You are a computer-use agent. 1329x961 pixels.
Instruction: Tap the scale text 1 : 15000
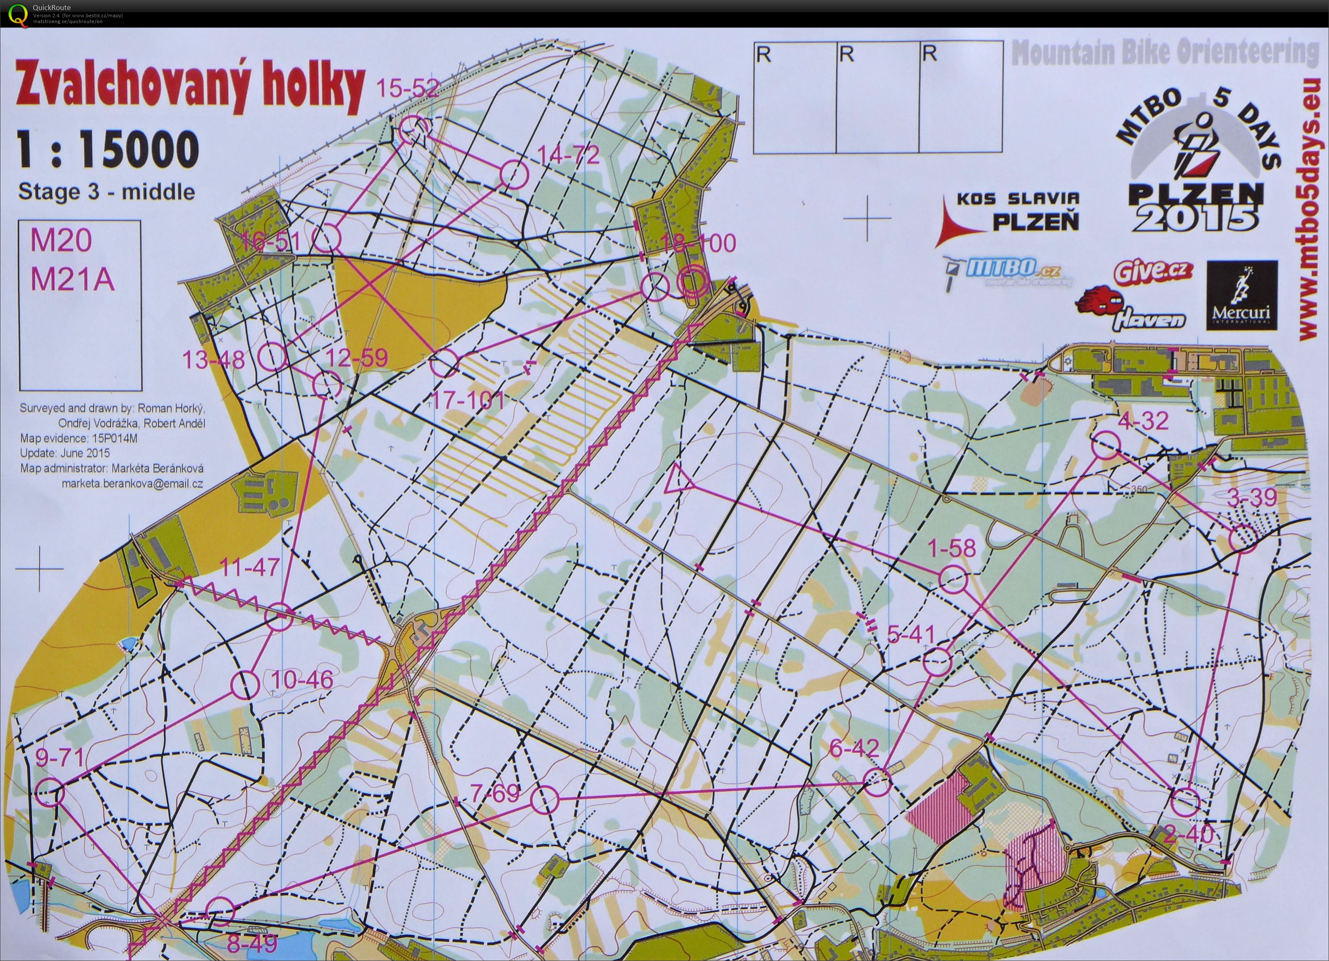(107, 150)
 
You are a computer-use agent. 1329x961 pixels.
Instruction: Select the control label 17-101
(467, 401)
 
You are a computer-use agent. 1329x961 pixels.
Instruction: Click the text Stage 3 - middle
(107, 192)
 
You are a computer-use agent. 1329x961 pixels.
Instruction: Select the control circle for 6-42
(877, 782)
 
